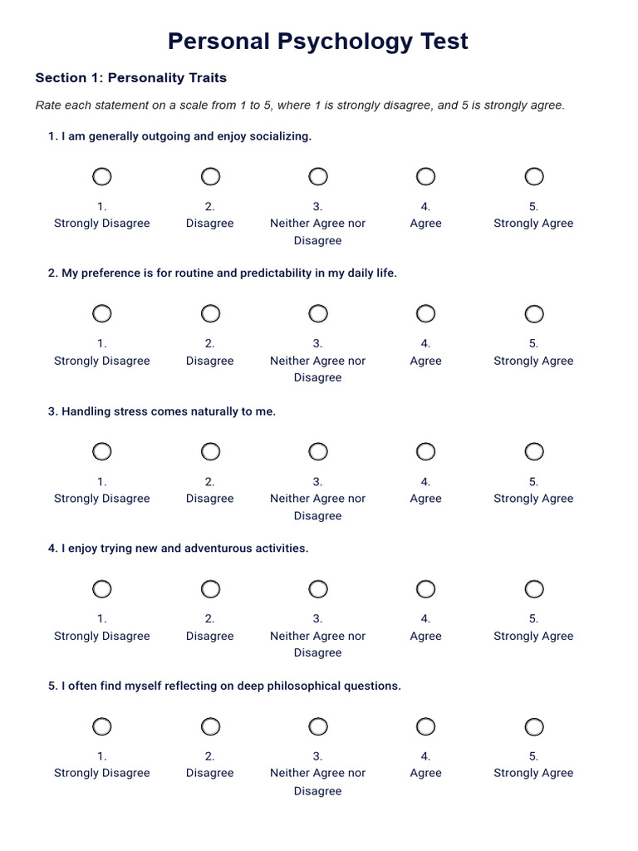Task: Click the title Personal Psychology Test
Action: tap(318, 41)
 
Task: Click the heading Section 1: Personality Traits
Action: tap(130, 78)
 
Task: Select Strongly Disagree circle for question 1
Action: tap(101, 176)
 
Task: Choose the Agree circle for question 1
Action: tap(425, 176)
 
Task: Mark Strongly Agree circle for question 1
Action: tap(534, 176)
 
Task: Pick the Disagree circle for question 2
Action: tap(210, 313)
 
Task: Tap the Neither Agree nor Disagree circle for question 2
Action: tap(318, 313)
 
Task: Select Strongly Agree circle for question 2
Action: tap(534, 313)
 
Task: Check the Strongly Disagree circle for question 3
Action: tap(101, 451)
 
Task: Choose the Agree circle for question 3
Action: tap(425, 451)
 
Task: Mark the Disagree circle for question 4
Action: tap(210, 589)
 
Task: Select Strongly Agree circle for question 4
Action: tap(534, 589)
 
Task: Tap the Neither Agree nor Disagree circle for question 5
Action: tap(318, 727)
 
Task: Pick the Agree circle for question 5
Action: tap(425, 727)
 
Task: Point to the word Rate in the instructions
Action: tap(49, 106)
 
